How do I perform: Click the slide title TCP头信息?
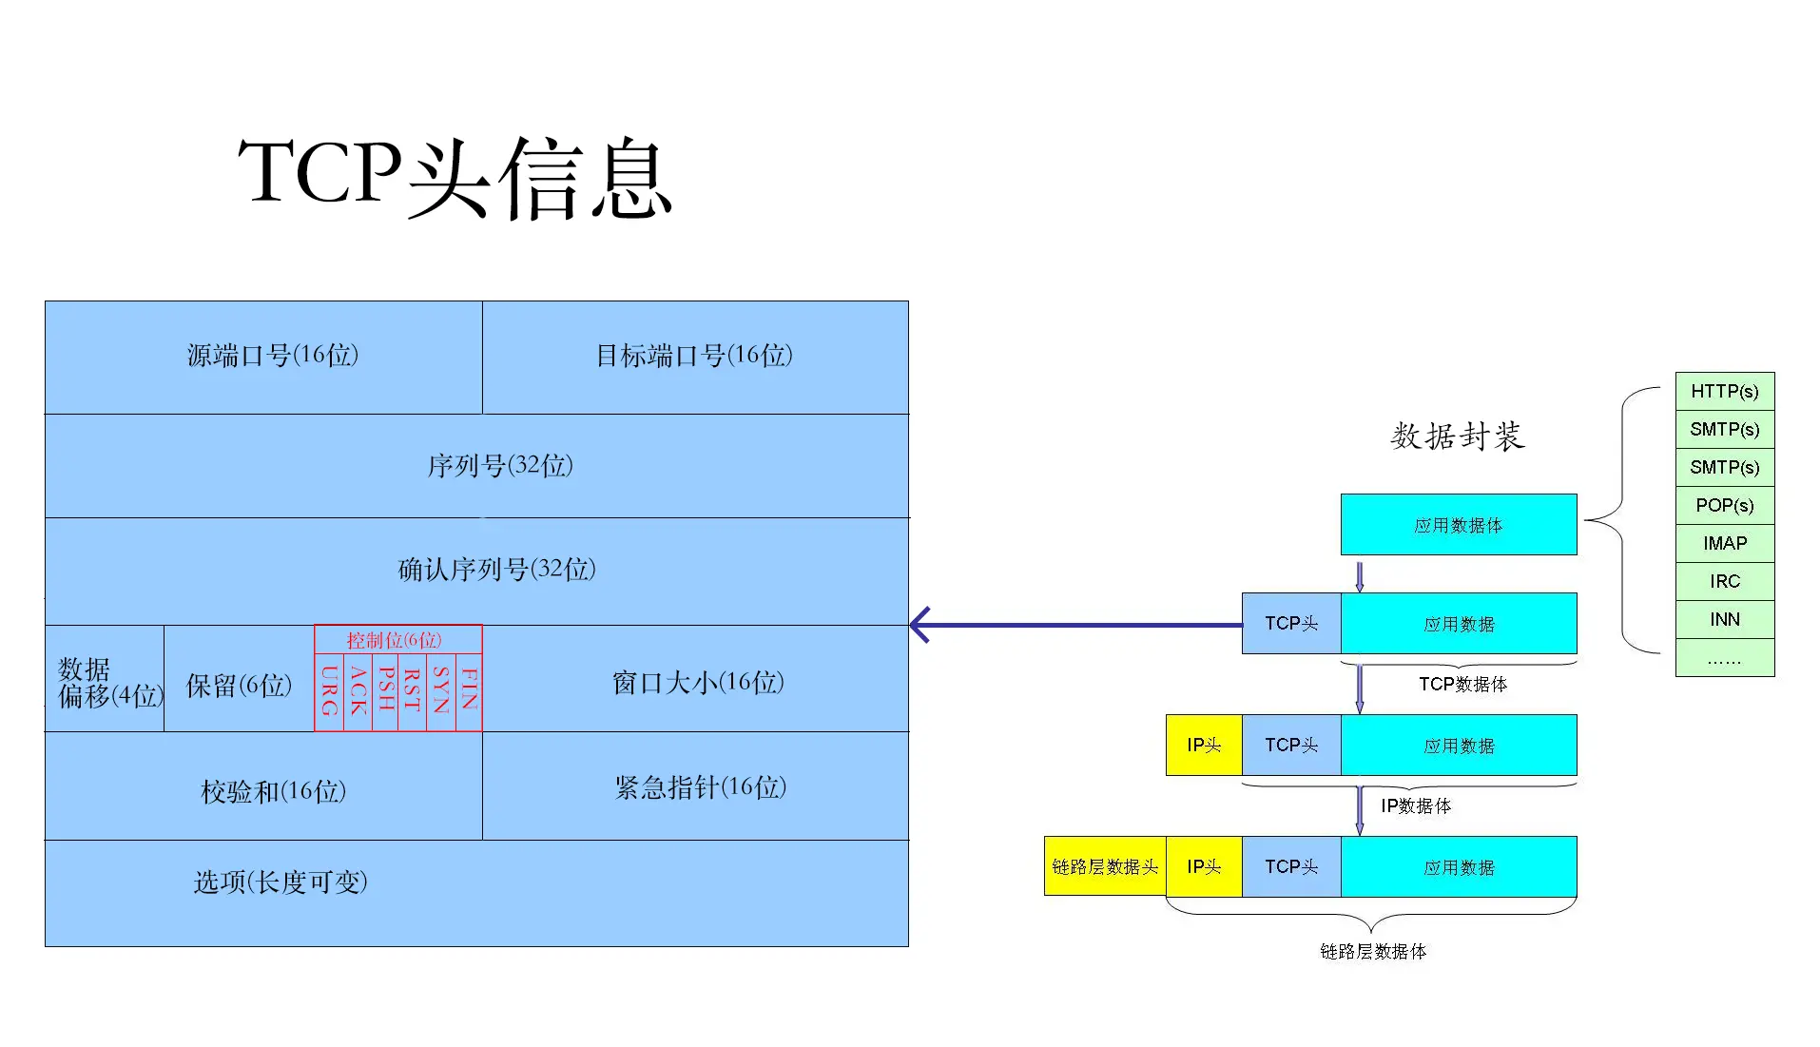[x=455, y=176]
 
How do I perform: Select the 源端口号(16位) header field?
[x=273, y=356]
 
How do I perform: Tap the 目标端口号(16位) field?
[x=694, y=356]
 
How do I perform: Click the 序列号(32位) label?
[x=499, y=466]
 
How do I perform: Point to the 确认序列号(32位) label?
[x=496, y=570]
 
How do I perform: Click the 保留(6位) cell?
[x=239, y=685]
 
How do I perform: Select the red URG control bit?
[x=329, y=690]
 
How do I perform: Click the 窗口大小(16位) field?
[x=697, y=682]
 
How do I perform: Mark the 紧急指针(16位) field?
[x=700, y=786]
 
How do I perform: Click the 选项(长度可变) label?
[x=281, y=882]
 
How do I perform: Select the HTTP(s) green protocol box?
[x=1724, y=391]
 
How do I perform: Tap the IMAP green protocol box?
[x=1724, y=543]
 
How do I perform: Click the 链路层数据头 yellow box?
[x=1104, y=866]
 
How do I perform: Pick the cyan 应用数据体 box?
[x=1458, y=525]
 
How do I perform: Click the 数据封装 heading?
[x=1457, y=436]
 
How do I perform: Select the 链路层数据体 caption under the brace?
[x=1372, y=951]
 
